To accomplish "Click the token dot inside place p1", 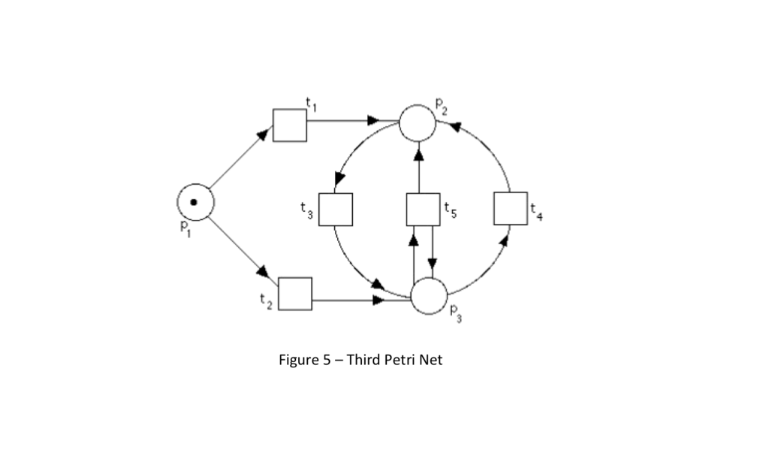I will pos(195,202).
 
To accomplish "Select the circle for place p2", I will pos(417,123).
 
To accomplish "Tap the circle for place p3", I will pos(429,295).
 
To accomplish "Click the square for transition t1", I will pos(290,125).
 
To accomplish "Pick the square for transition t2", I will pos(295,294).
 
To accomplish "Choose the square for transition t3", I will pos(335,210).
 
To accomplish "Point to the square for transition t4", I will pos(511,208).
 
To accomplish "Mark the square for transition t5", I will pos(423,210).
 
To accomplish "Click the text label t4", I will pos(536,213).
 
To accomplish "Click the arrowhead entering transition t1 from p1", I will pos(263,134).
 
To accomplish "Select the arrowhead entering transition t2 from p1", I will pos(263,271).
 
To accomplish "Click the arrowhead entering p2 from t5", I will pos(418,156).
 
